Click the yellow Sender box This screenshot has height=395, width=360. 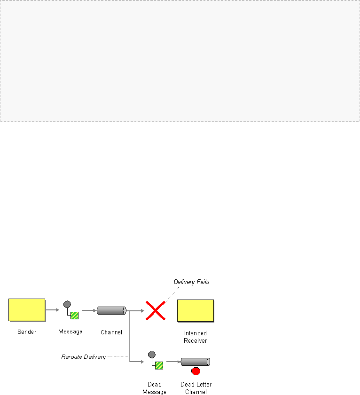[27, 310]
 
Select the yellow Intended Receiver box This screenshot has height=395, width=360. [196, 310]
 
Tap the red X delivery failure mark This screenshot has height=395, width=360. [156, 310]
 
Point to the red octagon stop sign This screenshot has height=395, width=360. [196, 371]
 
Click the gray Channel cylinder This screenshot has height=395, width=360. [111, 310]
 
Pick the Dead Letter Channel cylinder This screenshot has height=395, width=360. [195, 362]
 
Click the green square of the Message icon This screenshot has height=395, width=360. [74, 315]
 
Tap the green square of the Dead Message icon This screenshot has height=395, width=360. [159, 365]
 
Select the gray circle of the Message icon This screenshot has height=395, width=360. [67, 304]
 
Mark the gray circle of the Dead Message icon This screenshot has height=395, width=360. [151, 354]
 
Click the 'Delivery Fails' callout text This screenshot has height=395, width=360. [191, 282]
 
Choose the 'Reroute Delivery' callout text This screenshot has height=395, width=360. [84, 357]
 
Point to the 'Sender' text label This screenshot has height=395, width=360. [27, 332]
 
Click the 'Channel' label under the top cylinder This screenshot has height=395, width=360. [111, 332]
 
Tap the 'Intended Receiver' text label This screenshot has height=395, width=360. [196, 337]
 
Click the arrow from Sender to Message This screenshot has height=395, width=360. [53, 310]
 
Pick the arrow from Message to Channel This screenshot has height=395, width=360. [89, 310]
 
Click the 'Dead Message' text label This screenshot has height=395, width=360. [154, 388]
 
